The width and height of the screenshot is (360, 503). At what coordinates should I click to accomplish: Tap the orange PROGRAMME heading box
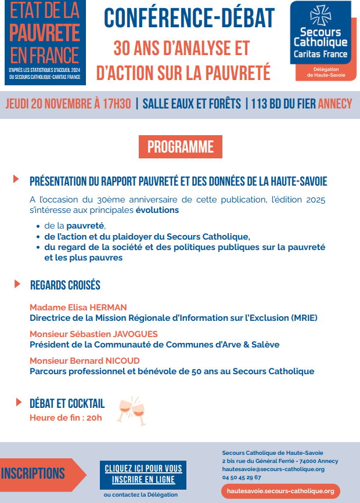pos(181,147)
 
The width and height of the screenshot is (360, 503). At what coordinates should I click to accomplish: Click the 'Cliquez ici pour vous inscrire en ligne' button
pos(143,474)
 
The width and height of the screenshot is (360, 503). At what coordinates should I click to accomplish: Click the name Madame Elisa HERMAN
pos(78,307)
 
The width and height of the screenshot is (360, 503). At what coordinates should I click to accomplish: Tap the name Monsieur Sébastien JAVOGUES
pos(93,334)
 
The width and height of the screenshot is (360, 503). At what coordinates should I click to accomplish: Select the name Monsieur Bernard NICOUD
pos(85,360)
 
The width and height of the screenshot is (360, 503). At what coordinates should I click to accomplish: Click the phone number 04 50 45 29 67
pos(242,477)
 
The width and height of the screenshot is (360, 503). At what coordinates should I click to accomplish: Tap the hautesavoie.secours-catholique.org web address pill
pos(280,491)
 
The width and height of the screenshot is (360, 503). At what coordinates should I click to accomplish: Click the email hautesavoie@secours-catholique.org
pos(273,469)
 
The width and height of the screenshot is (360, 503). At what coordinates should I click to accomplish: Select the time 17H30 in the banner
pos(117,104)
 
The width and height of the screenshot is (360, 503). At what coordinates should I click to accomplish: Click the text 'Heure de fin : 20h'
pos(66,418)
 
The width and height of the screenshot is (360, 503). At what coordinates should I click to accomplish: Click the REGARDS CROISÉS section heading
pos(65,285)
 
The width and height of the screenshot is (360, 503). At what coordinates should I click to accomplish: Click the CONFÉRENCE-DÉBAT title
pos(189,19)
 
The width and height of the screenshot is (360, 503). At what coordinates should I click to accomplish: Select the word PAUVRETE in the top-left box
pos(45,32)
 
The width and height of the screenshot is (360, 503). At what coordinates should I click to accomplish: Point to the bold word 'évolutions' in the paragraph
pos(157,210)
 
